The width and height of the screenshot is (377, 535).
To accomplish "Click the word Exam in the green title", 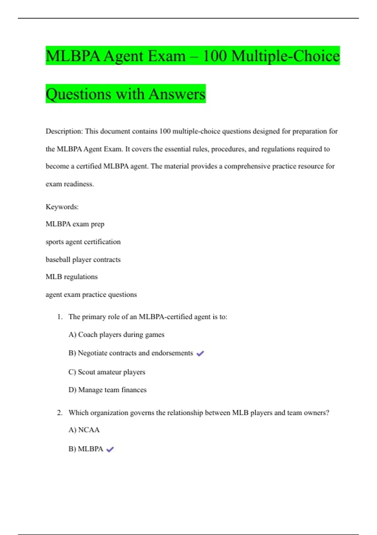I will point(167,56).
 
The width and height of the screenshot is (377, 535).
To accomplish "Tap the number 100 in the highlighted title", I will point(215,56).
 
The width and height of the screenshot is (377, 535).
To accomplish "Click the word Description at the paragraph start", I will point(64,131).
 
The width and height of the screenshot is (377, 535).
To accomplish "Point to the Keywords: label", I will point(62,207).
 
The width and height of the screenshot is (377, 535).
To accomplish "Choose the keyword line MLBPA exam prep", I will point(75,224).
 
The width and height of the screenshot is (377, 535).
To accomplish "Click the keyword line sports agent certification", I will point(83,242).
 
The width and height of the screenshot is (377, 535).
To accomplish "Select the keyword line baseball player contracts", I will point(83,260).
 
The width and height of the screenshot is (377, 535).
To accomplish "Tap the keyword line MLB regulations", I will point(72,277).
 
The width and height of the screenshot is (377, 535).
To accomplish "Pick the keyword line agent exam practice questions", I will point(91,295).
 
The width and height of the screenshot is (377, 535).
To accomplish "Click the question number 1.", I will point(60,317).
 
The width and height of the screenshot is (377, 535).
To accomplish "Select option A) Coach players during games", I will point(117,335).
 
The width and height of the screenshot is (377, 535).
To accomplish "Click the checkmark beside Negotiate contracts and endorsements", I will point(200,353).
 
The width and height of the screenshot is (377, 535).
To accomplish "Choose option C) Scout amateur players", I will point(107,372).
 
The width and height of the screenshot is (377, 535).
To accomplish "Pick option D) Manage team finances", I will point(107,390).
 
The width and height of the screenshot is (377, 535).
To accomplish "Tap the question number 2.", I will point(60,413).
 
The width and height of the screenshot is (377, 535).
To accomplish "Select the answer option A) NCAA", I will point(84,430).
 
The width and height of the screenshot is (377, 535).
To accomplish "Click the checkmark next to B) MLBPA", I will point(110,449).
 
